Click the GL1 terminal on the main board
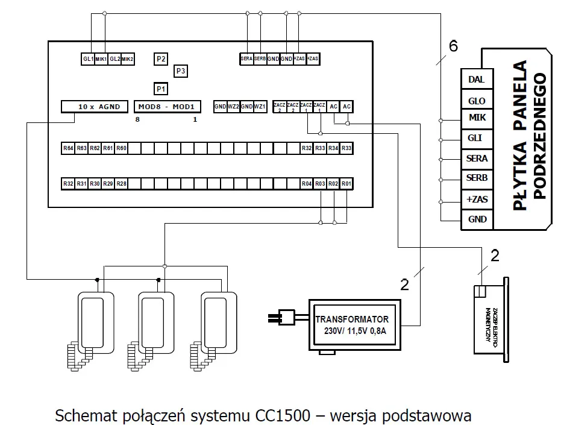coord(88,59)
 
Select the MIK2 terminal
coord(127,59)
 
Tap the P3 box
coord(181,71)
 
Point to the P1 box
coord(160,89)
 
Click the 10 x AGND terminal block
coord(95,107)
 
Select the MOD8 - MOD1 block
coord(166,107)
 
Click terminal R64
coord(68,148)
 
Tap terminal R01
coord(346,183)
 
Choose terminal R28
coord(121,183)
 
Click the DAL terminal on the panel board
coord(477,79)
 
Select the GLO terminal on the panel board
coord(477,101)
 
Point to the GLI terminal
coord(477,138)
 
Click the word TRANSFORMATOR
coord(353,319)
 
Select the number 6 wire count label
coord(453,46)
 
